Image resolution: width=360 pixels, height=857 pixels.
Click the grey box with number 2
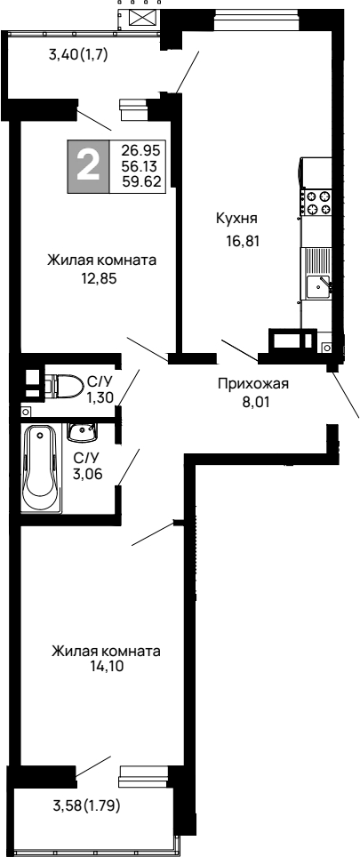(87, 166)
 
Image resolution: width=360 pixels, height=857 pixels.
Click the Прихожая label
(254, 384)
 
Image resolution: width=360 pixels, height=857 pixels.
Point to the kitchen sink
(318, 286)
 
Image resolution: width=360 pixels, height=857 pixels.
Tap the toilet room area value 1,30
(99, 398)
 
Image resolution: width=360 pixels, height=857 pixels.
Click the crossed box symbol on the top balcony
(141, 18)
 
